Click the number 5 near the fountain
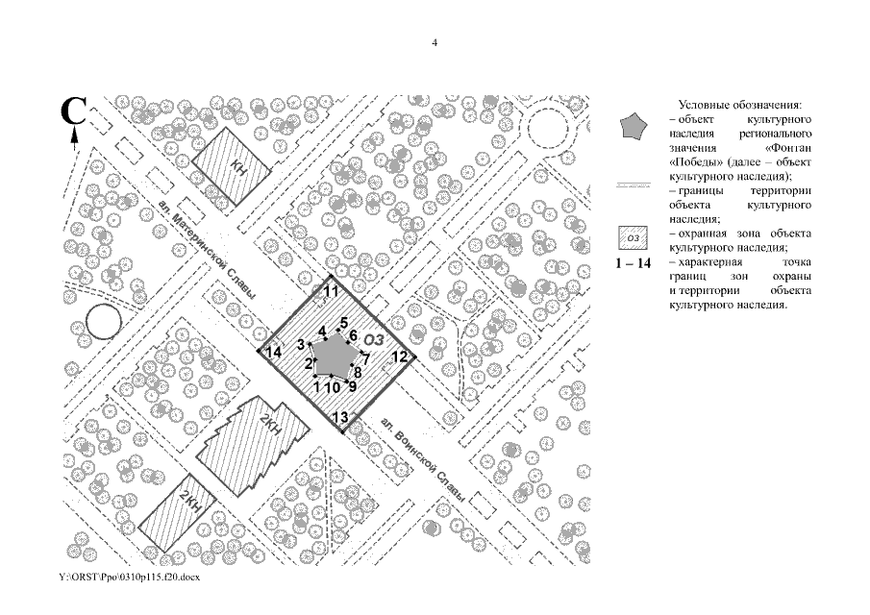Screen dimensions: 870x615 pyautogui.click(x=344, y=323)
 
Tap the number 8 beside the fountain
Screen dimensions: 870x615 pyautogui.click(x=358, y=373)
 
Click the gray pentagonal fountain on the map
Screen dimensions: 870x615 pyautogui.click(x=332, y=356)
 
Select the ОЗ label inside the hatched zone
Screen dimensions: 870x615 pyautogui.click(x=374, y=339)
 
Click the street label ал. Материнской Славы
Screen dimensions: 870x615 pyautogui.click(x=207, y=250)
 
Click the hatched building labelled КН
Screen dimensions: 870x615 pyautogui.click(x=232, y=166)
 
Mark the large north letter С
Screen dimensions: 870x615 pyautogui.click(x=73, y=111)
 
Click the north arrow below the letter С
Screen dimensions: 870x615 pyautogui.click(x=74, y=138)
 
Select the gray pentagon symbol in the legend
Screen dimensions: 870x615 pyautogui.click(x=634, y=127)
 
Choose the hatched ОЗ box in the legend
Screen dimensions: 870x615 pyautogui.click(x=634, y=238)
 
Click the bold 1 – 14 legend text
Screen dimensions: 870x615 pyautogui.click(x=634, y=263)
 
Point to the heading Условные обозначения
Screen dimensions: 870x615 pyautogui.click(x=740, y=105)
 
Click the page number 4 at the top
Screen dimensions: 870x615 pyautogui.click(x=435, y=42)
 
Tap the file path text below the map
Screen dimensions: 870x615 pyautogui.click(x=129, y=578)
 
